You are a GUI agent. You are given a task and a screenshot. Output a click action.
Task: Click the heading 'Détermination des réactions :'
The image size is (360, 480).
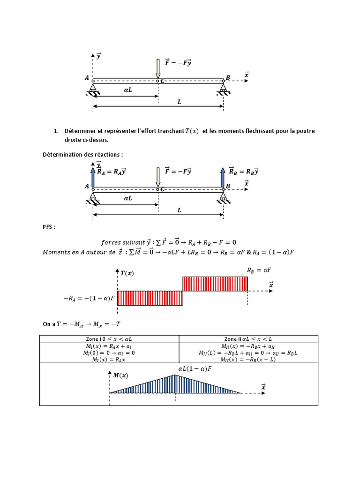83,154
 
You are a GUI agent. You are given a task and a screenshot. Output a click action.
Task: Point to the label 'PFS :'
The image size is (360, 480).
49,227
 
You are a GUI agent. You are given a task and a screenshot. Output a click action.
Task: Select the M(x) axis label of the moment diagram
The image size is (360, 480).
120,375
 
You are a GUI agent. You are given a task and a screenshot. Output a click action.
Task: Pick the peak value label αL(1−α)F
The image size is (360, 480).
195,369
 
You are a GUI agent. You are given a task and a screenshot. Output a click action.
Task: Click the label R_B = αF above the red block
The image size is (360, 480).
259,270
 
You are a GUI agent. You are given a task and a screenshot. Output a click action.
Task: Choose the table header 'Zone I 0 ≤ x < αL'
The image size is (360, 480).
109,338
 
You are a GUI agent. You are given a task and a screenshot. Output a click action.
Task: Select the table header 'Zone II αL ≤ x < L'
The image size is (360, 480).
248,338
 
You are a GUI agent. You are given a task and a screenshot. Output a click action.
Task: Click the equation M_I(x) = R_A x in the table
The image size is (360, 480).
109,360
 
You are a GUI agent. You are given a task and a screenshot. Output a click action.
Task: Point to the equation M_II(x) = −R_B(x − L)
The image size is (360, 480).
248,360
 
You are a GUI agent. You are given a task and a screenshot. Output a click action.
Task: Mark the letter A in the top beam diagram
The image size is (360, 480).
87,78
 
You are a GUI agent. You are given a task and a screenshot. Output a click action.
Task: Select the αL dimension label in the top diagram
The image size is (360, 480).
128,89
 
